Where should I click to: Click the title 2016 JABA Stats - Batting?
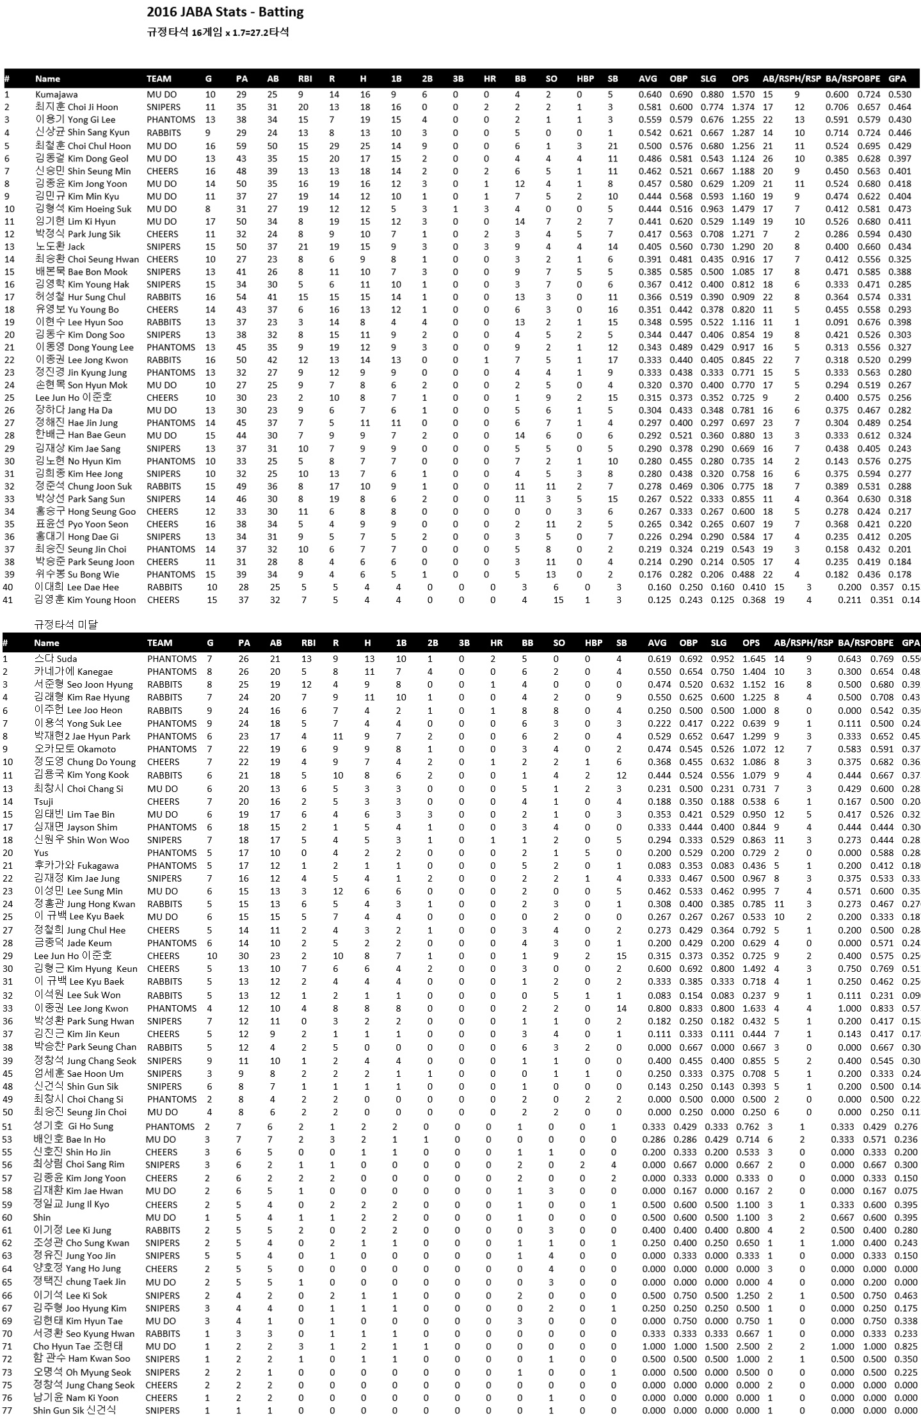225,12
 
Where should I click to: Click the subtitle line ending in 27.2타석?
218,33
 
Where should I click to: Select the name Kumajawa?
56,95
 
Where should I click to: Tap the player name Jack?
76,246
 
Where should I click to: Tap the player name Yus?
41,853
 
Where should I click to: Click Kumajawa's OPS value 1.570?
743,95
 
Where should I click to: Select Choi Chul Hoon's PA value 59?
241,146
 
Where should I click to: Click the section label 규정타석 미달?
66,625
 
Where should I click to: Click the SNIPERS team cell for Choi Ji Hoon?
163,108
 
